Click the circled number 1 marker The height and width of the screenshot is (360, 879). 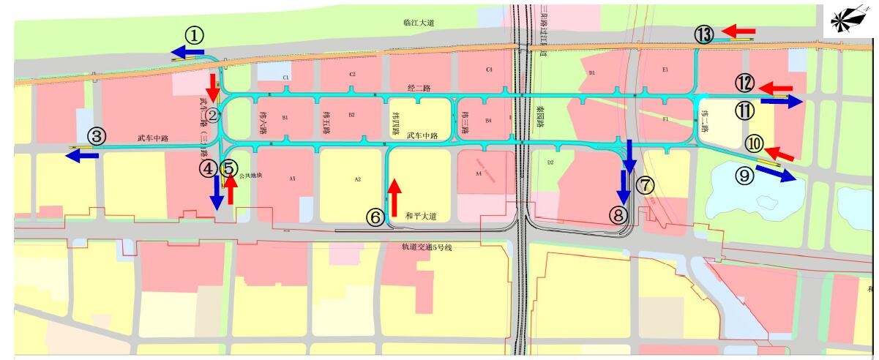(193, 34)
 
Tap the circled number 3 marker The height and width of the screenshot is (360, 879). (97, 136)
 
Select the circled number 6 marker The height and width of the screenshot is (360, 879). (375, 217)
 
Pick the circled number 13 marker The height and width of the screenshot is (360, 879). (703, 34)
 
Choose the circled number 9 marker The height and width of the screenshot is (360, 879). (744, 176)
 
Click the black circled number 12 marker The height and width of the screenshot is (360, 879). (745, 84)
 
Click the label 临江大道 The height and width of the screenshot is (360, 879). (419, 23)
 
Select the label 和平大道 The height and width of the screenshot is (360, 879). (420, 216)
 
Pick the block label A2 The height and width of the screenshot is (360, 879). (358, 179)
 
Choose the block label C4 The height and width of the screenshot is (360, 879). (489, 70)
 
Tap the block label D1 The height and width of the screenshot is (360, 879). (591, 72)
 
